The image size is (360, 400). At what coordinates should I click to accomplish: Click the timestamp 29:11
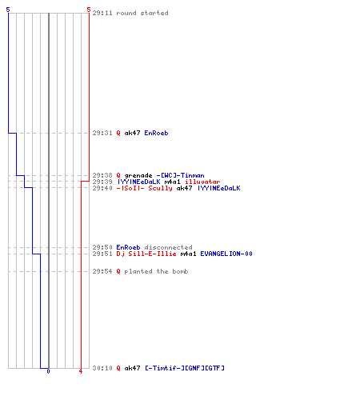tap(102, 13)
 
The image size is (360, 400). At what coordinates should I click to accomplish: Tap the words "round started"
tap(142, 13)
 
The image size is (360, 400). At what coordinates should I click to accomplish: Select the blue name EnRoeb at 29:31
tap(156, 133)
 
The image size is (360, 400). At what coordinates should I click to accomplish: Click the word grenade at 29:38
tap(138, 176)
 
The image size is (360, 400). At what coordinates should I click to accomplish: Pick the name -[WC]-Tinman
tap(180, 175)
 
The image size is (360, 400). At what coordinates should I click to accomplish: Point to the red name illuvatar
tap(202, 182)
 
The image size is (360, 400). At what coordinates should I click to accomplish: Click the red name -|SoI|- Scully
tap(144, 188)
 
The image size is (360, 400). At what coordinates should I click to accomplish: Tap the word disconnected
tap(168, 247)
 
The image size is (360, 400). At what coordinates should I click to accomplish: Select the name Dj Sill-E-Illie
tap(146, 254)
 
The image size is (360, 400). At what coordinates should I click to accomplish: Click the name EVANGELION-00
tap(226, 254)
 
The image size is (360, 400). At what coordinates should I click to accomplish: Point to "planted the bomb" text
tap(156, 271)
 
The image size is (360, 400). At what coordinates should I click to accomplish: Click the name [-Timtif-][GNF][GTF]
tap(185, 368)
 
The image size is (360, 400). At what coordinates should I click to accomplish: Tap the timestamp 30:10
tap(102, 368)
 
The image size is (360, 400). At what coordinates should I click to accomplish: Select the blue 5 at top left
tap(8, 10)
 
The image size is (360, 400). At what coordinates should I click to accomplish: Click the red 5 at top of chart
tap(89, 10)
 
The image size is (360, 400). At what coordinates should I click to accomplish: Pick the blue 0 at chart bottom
tap(48, 371)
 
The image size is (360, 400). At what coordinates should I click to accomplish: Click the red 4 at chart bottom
tap(81, 371)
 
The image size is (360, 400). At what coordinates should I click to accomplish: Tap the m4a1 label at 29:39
tap(172, 182)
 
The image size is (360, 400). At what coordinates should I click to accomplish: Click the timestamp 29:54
tap(102, 271)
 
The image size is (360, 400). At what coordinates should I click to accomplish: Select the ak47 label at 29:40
tap(184, 188)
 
